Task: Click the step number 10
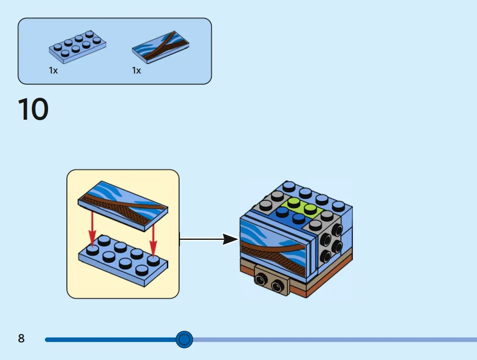tap(33, 109)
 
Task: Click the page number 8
tap(21, 338)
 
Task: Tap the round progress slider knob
tap(184, 339)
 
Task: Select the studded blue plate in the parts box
tap(78, 47)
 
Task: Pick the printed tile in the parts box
tap(161, 47)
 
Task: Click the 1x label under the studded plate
tap(53, 70)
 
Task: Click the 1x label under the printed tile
tap(136, 70)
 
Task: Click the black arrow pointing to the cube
tap(209, 239)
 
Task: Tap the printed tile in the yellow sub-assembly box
tap(123, 206)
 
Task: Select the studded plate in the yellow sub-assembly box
tap(123, 260)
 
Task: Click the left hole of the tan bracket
tap(261, 278)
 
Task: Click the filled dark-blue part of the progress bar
tap(111, 340)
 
